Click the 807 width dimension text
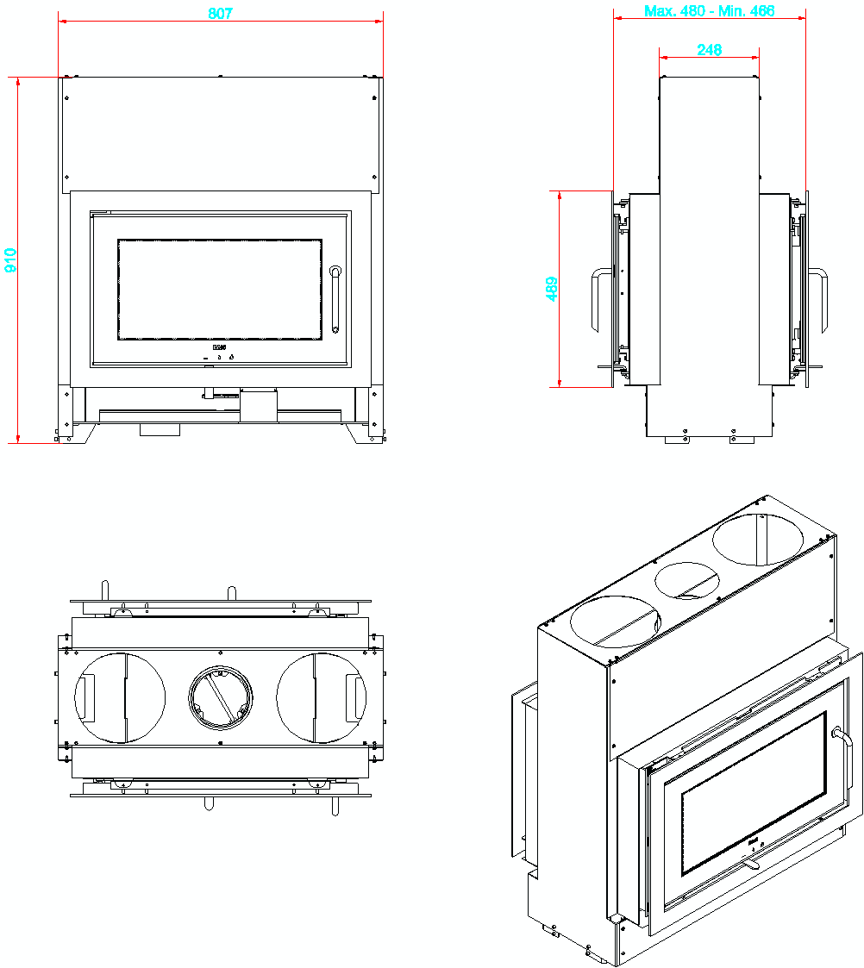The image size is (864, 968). pos(221,14)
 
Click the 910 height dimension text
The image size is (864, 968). pos(11,259)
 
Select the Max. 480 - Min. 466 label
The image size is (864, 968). pos(709,11)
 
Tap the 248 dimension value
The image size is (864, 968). pos(709,50)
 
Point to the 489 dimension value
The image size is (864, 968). pos(552,289)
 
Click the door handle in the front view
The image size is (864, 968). pos(335,299)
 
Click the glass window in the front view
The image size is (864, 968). pos(220,289)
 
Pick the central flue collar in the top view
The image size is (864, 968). pos(222,698)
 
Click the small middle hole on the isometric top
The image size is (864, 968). pos(687,581)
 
